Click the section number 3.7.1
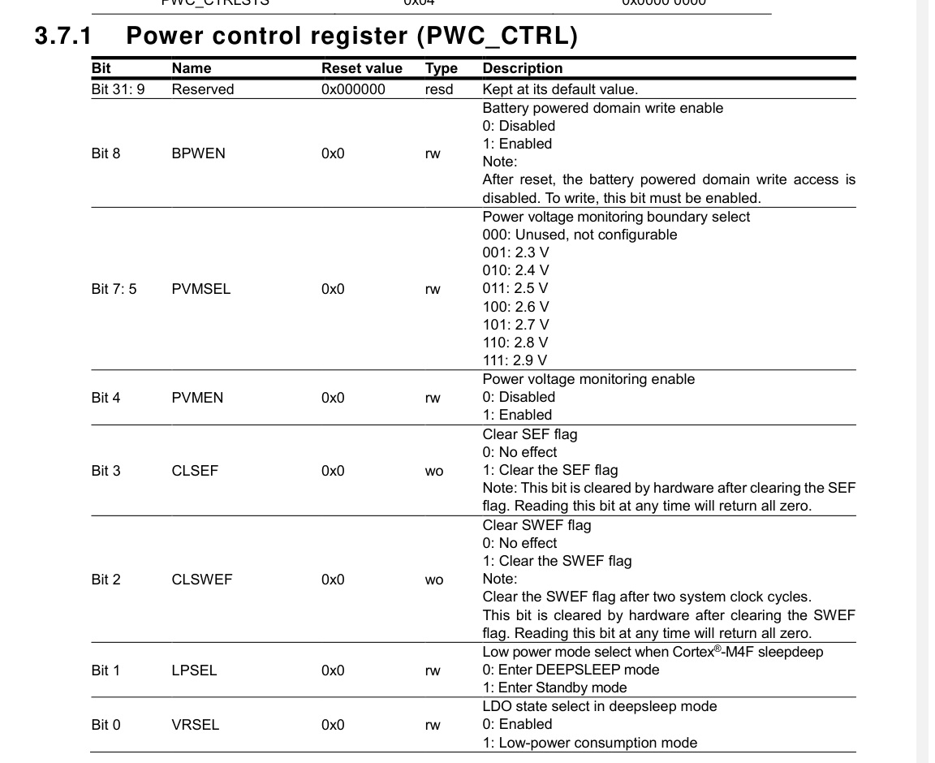pyautogui.click(x=64, y=37)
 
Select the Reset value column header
pyautogui.click(x=361, y=68)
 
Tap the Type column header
pyautogui.click(x=441, y=68)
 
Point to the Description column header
pyautogui.click(x=522, y=68)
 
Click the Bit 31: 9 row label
pyautogui.click(x=118, y=89)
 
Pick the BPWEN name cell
pyautogui.click(x=198, y=153)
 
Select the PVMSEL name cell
pyautogui.click(x=200, y=288)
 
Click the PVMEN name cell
pyautogui.click(x=197, y=397)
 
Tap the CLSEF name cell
pyautogui.click(x=195, y=470)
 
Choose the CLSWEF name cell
pyautogui.click(x=202, y=579)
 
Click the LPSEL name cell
pyautogui.click(x=194, y=670)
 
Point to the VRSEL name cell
pyautogui.click(x=195, y=724)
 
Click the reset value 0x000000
pyautogui.click(x=353, y=89)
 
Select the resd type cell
pyautogui.click(x=438, y=89)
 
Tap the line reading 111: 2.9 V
pyautogui.click(x=515, y=360)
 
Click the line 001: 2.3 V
pyautogui.click(x=515, y=252)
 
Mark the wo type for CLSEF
pyautogui.click(x=434, y=471)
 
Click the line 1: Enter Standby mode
pyautogui.click(x=554, y=688)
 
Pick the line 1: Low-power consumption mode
pyautogui.click(x=589, y=742)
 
